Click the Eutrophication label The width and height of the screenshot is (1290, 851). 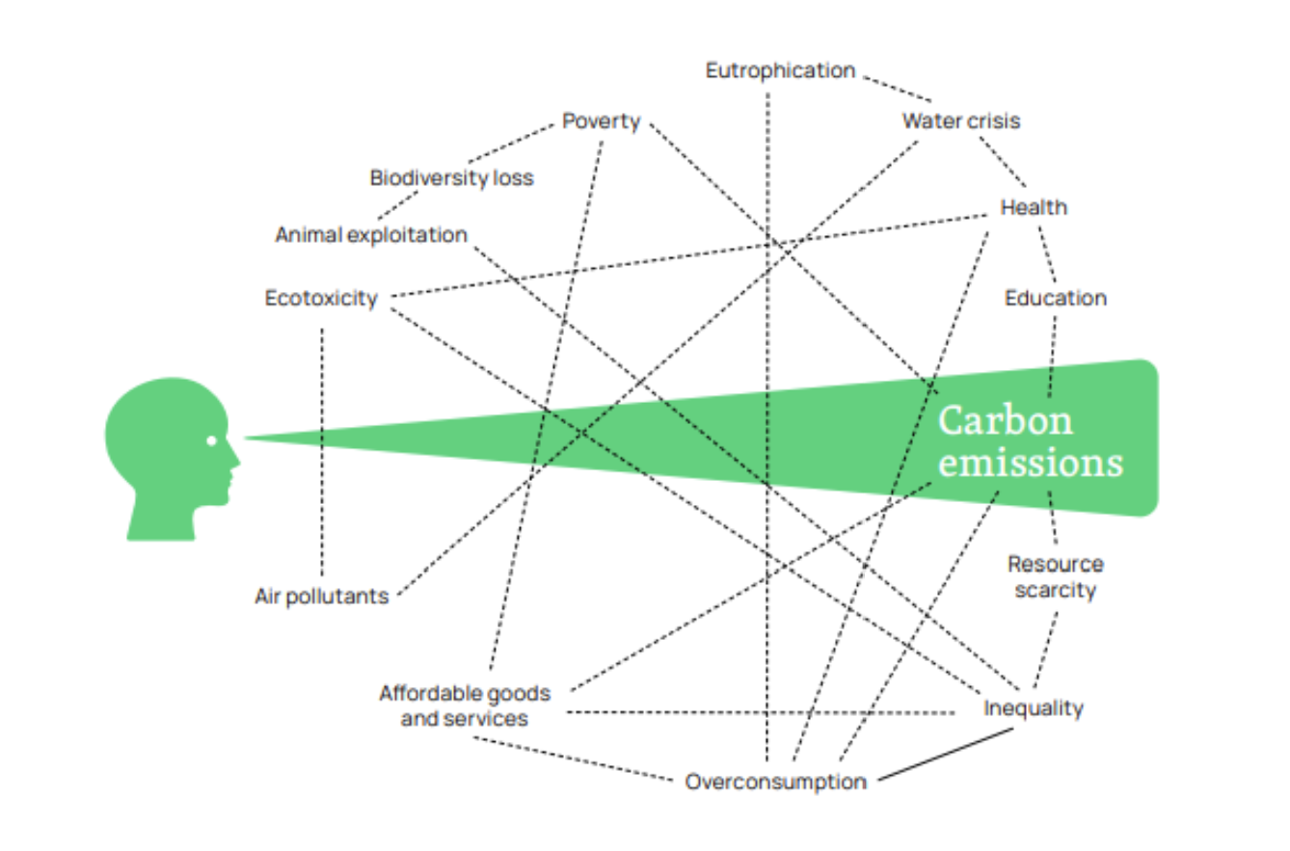pos(780,70)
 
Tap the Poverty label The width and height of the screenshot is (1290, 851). pos(602,121)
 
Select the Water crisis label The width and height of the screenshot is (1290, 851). pos(960,120)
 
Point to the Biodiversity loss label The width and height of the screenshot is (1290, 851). pos(451,178)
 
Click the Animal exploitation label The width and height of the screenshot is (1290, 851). pos(371,235)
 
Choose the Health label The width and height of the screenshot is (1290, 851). pos(1034,207)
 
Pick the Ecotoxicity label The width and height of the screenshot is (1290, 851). pos(321,298)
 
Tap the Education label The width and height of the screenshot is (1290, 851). pos(1056,298)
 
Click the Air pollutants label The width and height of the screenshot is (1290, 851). pos(321,597)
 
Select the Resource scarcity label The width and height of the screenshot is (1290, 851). pos(1056,577)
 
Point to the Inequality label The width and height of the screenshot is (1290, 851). pos(1034,708)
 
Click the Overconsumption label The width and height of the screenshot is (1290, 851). pos(776,782)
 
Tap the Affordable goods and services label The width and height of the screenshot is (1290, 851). pos(465,705)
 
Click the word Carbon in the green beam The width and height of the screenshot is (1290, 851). pos(1006,420)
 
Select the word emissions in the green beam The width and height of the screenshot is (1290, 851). pos(1031,463)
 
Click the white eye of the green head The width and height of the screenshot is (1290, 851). pos(211,441)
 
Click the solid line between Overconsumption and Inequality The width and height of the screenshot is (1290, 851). pos(946,755)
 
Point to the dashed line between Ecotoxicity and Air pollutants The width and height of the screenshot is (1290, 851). pos(322,452)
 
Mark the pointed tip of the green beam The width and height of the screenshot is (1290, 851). pos(245,439)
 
